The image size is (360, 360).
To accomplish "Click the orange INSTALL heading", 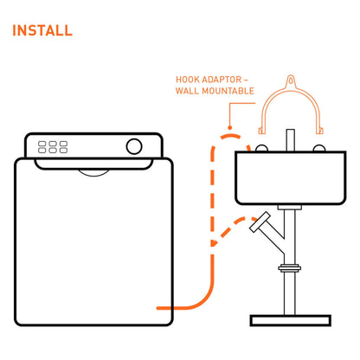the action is (42, 30).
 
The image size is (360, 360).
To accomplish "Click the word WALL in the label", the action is (187, 91).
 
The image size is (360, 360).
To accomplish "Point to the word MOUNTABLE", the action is (228, 91).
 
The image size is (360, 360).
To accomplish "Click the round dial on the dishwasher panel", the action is (134, 146).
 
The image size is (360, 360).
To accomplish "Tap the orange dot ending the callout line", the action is (230, 127).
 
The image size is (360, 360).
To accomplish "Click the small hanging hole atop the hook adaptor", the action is (291, 79).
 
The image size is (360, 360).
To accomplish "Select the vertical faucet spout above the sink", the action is (291, 140).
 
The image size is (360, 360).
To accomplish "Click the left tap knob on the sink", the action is (261, 148).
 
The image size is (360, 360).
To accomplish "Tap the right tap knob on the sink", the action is (319, 148).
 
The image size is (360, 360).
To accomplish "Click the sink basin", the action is (291, 177).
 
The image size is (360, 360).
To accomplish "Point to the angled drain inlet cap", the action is (260, 222).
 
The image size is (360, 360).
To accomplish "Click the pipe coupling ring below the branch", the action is (290, 268).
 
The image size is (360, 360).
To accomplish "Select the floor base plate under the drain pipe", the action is (291, 320).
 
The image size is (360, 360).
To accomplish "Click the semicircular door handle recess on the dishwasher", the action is (94, 172).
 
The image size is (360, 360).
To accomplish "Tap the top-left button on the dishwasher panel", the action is (42, 144).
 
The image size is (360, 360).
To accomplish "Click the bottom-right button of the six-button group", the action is (63, 151).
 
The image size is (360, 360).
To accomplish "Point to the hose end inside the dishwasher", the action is (158, 308).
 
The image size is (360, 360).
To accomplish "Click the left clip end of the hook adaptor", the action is (261, 131).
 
